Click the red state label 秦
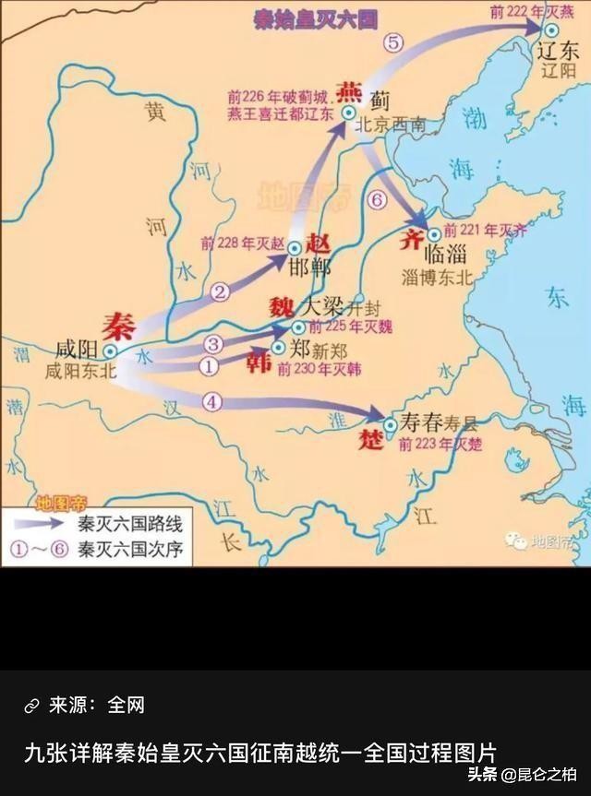click(118, 327)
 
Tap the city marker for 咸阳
click(109, 351)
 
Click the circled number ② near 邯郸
click(220, 292)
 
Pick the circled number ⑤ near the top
click(393, 42)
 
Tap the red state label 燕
click(350, 90)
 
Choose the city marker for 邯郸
click(294, 248)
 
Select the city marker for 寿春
click(390, 424)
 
